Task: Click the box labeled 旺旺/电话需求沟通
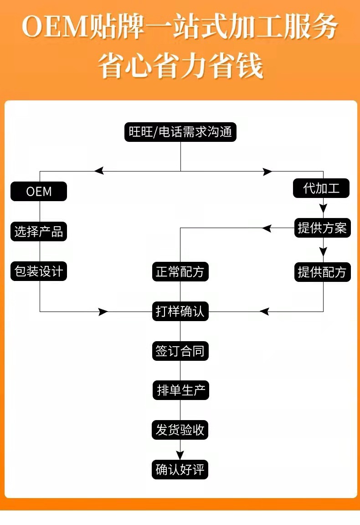pyautogui.click(x=180, y=132)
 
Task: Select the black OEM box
pyautogui.click(x=39, y=191)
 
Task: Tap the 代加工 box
pyautogui.click(x=321, y=188)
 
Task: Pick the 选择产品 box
pyautogui.click(x=39, y=231)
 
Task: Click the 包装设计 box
pyautogui.click(x=39, y=271)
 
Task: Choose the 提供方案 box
pyautogui.click(x=323, y=228)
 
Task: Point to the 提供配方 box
pyautogui.click(x=323, y=272)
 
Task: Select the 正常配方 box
pyautogui.click(x=180, y=271)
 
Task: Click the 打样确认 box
pyautogui.click(x=180, y=312)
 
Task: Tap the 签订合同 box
pyautogui.click(x=180, y=351)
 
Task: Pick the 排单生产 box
pyautogui.click(x=180, y=390)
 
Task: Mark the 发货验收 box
pyautogui.click(x=180, y=430)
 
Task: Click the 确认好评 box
pyautogui.click(x=180, y=469)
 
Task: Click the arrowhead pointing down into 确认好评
pyautogui.click(x=180, y=455)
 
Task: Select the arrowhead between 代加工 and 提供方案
pyautogui.click(x=323, y=208)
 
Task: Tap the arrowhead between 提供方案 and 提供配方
pyautogui.click(x=323, y=252)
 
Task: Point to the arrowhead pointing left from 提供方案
pyautogui.click(x=266, y=229)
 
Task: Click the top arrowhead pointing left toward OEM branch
pyautogui.click(x=99, y=171)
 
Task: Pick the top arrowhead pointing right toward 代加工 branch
pyautogui.click(x=267, y=172)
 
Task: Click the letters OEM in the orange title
pyautogui.click(x=54, y=27)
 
